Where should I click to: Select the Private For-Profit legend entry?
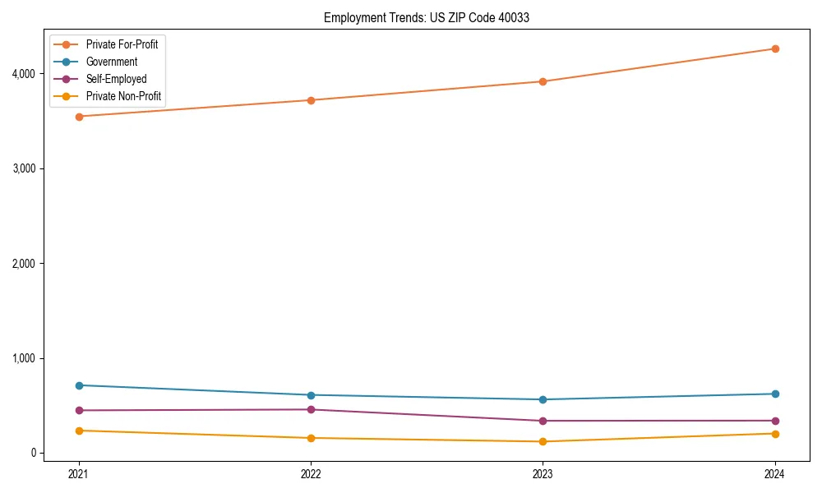pos(122,44)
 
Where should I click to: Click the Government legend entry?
pos(112,62)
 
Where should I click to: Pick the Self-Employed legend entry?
pos(116,80)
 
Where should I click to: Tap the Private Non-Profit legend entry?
pos(123,97)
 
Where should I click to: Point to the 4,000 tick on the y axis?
pos(24,74)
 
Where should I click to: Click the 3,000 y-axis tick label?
pos(24,168)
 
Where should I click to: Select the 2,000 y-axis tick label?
pos(24,264)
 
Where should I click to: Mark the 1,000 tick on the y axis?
pos(24,358)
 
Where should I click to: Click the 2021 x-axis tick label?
pos(79,474)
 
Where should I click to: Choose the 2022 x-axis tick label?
pos(311,474)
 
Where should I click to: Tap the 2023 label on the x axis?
pos(543,474)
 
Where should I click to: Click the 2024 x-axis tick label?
pos(774,474)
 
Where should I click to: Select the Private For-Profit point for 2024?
pos(774,48)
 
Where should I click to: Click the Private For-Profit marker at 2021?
pos(79,117)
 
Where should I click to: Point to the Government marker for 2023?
pos(543,399)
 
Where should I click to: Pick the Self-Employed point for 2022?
pos(311,409)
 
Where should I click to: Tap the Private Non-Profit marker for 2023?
pos(543,441)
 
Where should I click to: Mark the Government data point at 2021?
pos(79,385)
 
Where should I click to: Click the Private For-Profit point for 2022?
pos(311,100)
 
